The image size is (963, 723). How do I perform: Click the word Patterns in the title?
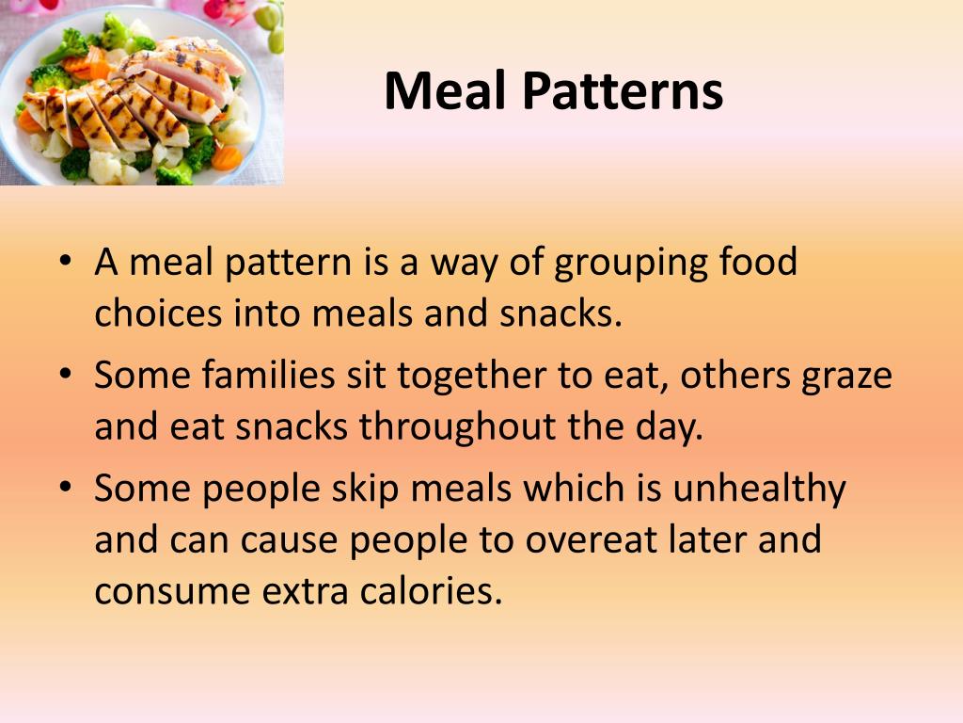point(622,92)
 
